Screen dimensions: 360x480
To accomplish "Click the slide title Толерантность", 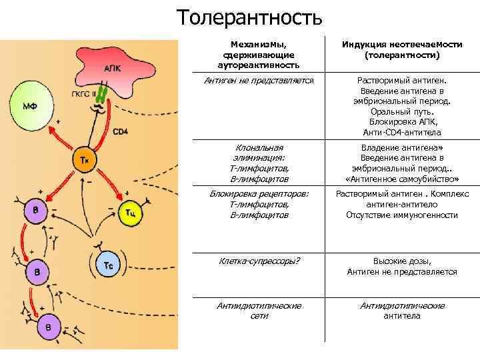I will click(x=249, y=17).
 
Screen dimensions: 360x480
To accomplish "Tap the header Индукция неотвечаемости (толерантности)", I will click(x=402, y=49).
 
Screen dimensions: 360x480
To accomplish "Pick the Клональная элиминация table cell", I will click(x=259, y=163).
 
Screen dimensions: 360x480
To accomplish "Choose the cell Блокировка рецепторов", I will click(x=259, y=204).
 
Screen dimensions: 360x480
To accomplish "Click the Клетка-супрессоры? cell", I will click(x=259, y=261).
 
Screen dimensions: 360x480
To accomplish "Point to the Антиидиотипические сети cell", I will click(x=259, y=310).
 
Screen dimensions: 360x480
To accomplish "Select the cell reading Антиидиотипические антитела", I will click(x=402, y=310).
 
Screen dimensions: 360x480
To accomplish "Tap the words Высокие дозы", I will click(x=402, y=261).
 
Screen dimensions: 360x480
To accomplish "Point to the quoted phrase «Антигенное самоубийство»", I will click(x=402, y=179).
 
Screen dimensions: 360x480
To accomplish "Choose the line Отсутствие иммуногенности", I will click(x=402, y=215).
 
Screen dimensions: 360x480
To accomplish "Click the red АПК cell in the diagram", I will click(x=113, y=69).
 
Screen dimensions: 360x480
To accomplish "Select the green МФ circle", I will click(x=30, y=106).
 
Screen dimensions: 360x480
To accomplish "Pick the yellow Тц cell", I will click(x=131, y=212).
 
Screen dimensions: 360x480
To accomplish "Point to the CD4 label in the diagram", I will click(x=121, y=131).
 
